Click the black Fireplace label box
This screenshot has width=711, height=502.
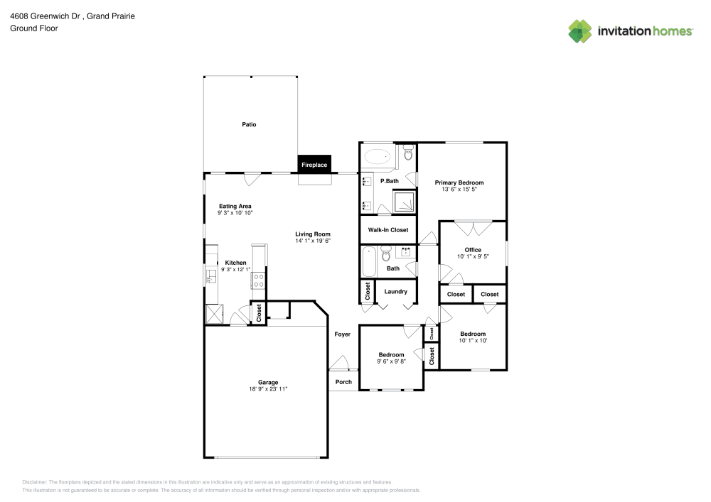[x=314, y=165]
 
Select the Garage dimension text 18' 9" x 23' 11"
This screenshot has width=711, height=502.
[x=268, y=389]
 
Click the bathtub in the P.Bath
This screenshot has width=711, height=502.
[x=378, y=156]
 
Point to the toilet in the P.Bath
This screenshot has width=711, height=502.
[x=408, y=152]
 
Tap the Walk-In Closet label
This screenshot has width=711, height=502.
[x=387, y=230]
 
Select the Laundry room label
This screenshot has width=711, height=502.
[x=395, y=291]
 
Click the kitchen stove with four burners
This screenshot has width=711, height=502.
[x=258, y=280]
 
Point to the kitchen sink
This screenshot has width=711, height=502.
[x=210, y=275]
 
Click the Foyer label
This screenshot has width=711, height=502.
[x=343, y=334]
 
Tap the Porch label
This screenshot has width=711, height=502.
[x=343, y=382]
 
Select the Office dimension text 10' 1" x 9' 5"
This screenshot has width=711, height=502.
[x=473, y=257]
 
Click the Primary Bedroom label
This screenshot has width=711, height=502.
[x=459, y=182]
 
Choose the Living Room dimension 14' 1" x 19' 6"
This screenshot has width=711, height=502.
[x=313, y=241]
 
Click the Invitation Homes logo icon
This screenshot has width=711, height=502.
[x=579, y=31]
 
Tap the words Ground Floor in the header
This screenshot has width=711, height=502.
[x=33, y=28]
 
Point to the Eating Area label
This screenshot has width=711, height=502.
[x=235, y=206]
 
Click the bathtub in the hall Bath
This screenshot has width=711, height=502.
[x=368, y=262]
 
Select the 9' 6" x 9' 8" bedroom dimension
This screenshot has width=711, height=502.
[x=391, y=362]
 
